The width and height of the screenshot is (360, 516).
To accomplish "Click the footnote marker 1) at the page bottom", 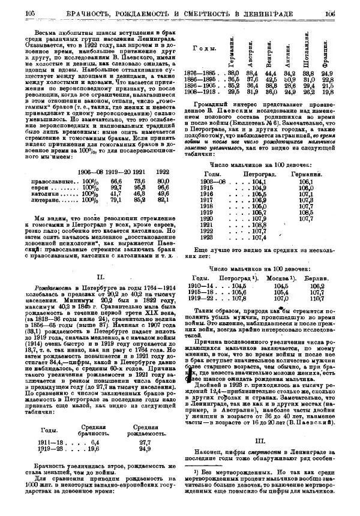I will pyautogui.click(x=196, y=470).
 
